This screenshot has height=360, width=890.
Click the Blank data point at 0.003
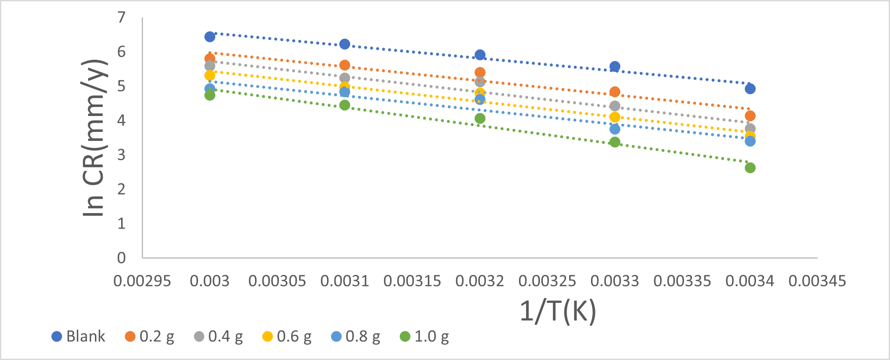point(210,37)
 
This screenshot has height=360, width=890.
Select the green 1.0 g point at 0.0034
point(750,168)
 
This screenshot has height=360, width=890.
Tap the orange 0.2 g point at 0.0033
point(615,92)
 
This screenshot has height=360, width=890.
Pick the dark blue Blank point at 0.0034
point(750,89)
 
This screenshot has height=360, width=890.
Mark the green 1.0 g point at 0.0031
point(344,105)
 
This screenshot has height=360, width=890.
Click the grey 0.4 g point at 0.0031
point(344,78)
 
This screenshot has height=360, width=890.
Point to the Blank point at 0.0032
point(480,55)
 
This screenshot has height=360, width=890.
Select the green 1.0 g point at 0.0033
point(615,142)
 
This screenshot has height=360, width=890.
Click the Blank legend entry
point(78,336)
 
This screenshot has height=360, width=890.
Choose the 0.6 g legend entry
point(287,336)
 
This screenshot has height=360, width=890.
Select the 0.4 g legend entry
point(218,336)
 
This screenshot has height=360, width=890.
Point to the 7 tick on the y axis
point(122,18)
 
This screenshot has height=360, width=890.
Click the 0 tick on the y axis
point(122,258)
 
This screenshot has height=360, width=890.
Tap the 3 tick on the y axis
point(122,155)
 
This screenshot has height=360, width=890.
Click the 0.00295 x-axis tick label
point(142,281)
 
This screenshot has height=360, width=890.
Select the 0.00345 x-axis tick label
point(817,281)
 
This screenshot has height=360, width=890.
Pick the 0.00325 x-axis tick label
point(547,281)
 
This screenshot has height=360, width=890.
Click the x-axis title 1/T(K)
point(558,311)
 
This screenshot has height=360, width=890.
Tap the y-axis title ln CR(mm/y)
point(94,137)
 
